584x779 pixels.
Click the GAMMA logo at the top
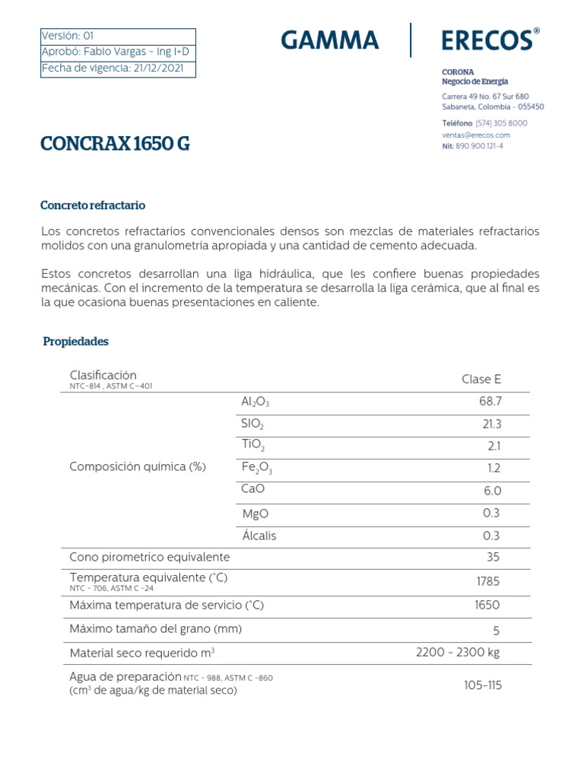pos(329,40)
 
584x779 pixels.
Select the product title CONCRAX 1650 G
pos(116,143)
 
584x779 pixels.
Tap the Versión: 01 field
pos(68,36)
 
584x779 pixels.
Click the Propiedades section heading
pos(76,342)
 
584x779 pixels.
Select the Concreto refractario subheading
pos(92,205)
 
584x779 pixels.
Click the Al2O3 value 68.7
pos(490,402)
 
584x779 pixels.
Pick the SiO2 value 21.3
pos(490,424)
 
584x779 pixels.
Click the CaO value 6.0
pos(492,491)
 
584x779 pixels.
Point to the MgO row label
pos(255,514)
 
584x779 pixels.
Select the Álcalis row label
pos(259,536)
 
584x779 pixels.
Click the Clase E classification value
pos(481,380)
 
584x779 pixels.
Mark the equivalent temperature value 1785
pos(487,581)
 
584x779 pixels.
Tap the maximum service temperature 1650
pos(487,606)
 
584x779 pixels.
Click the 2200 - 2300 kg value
pos(458,652)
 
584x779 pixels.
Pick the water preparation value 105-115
pos(483,685)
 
